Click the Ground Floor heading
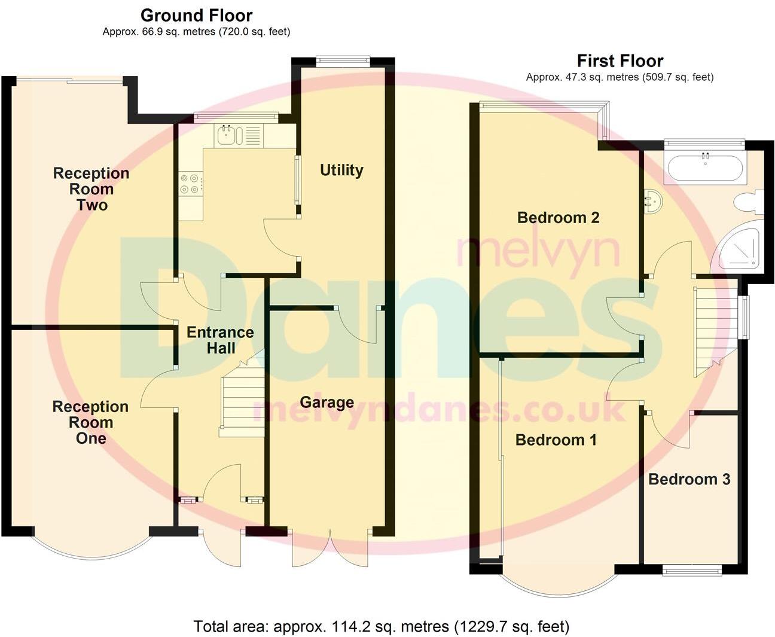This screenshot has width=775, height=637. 196,16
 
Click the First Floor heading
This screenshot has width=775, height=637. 620,61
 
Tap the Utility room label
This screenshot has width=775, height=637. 341,170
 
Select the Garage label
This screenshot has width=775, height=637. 327,403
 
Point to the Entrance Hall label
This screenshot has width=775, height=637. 220,340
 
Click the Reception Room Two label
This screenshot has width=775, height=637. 91,189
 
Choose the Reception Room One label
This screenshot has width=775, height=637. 90,422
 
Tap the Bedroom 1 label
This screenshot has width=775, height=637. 556,440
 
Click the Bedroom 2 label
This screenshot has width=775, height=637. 558,218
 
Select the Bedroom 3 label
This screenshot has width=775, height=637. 689,479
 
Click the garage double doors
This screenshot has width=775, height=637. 329,547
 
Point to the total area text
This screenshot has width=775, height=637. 381,626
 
